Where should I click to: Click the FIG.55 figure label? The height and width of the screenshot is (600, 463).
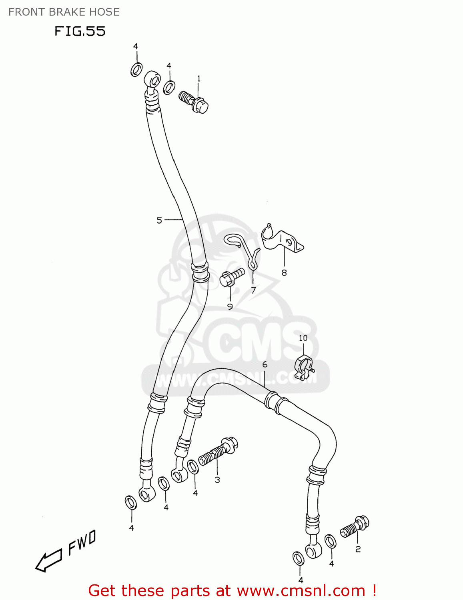[x=80, y=31]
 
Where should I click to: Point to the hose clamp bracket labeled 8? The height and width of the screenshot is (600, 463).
[x=282, y=240]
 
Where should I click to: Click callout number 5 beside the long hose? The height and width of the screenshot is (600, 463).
[x=159, y=220]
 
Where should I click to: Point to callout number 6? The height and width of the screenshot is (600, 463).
[x=265, y=364]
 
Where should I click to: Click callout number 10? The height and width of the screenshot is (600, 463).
[x=303, y=338]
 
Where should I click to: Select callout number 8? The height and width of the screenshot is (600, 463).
[x=284, y=273]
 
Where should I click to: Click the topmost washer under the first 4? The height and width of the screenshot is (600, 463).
[x=136, y=70]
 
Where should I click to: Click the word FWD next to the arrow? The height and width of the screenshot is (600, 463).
[x=82, y=543]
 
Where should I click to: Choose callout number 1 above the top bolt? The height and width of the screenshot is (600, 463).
[x=198, y=79]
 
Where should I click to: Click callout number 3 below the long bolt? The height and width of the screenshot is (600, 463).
[x=217, y=480]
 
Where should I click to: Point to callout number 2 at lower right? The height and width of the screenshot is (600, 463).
[x=358, y=549]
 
